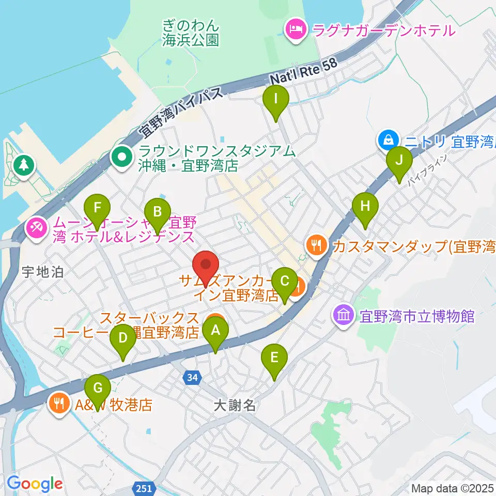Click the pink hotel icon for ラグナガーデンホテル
[295, 29]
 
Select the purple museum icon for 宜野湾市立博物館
[344, 316]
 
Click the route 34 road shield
[192, 378]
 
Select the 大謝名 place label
[235, 405]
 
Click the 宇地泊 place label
[43, 272]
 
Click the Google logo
[35, 484]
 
